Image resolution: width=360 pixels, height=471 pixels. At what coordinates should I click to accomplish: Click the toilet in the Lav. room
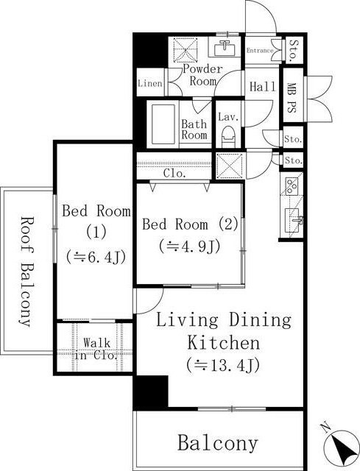click(x=227, y=137)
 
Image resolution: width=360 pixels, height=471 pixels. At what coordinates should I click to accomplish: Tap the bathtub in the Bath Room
click(x=163, y=124)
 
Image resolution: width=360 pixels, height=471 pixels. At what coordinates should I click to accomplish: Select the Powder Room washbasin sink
click(x=225, y=47)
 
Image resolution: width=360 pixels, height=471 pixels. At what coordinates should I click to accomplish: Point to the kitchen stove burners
click(x=292, y=185)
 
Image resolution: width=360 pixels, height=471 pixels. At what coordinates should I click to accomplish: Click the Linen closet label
click(x=150, y=83)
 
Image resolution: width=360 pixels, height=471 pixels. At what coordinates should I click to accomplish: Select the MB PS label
click(x=291, y=98)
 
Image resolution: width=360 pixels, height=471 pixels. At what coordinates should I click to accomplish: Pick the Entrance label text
click(x=260, y=51)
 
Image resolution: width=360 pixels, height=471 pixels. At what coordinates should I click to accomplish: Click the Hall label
click(x=262, y=87)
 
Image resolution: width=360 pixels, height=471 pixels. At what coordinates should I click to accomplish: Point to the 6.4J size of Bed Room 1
click(x=96, y=257)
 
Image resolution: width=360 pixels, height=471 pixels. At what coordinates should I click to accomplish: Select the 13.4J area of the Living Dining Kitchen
click(x=222, y=365)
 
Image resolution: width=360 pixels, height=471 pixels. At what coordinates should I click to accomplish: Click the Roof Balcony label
click(x=27, y=272)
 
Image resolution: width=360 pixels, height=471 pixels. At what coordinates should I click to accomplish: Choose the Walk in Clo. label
click(x=96, y=349)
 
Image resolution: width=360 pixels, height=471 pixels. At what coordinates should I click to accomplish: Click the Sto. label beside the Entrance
click(x=292, y=50)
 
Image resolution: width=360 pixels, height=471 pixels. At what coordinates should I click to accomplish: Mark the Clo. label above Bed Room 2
click(x=174, y=174)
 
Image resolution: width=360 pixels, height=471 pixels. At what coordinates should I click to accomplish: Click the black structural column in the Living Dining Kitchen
click(x=150, y=393)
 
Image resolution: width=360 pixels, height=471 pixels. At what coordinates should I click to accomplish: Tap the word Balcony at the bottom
click(x=218, y=443)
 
